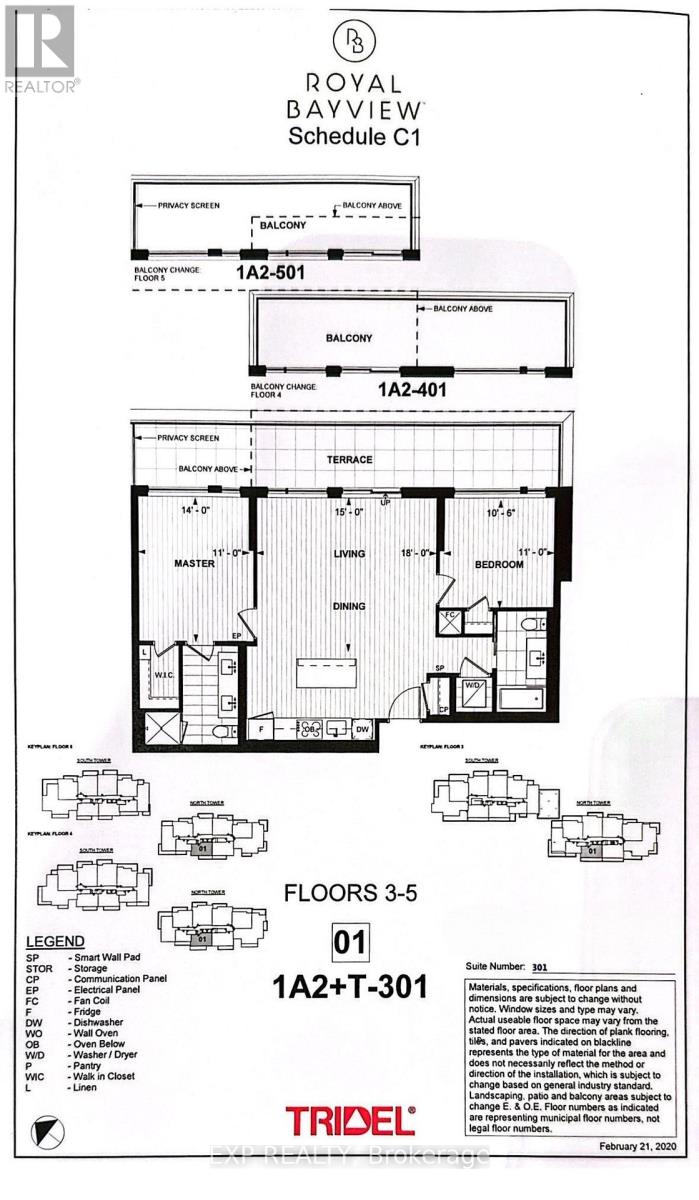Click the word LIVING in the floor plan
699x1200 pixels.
coord(349,553)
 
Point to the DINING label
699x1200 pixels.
coord(349,606)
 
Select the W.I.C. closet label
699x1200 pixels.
coord(166,673)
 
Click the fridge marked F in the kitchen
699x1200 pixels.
coord(263,730)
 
